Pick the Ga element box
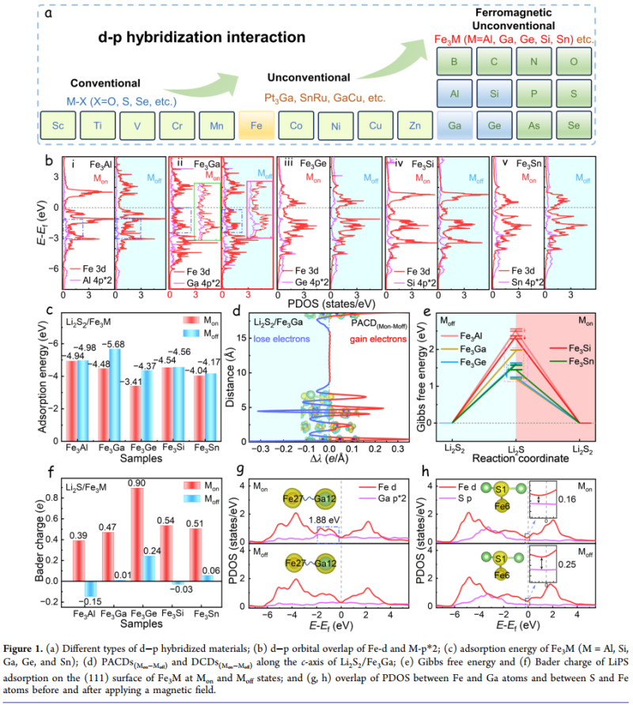(x=456, y=126)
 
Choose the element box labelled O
(x=574, y=61)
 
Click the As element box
(x=535, y=126)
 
